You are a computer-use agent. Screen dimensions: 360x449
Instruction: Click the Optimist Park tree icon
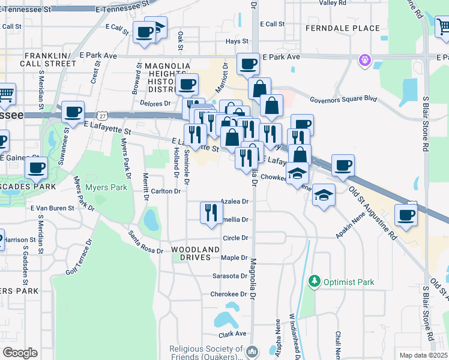(x=313, y=281)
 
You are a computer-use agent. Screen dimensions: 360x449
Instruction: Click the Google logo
(x=20, y=353)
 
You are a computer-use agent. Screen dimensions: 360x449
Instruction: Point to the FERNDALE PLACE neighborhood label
(x=343, y=28)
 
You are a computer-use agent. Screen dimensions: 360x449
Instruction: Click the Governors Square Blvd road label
(x=343, y=100)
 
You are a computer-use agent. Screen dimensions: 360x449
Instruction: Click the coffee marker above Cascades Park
(x=37, y=168)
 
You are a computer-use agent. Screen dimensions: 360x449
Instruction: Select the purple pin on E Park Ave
(x=364, y=60)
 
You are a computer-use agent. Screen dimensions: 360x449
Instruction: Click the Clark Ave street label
(x=233, y=334)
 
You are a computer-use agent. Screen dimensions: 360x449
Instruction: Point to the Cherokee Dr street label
(x=229, y=294)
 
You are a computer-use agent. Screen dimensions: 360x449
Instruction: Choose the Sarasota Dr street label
(x=230, y=276)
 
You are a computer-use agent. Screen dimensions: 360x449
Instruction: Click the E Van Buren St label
(x=52, y=208)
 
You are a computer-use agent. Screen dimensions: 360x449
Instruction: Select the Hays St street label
(x=237, y=41)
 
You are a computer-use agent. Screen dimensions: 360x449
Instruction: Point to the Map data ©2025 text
(x=424, y=355)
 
